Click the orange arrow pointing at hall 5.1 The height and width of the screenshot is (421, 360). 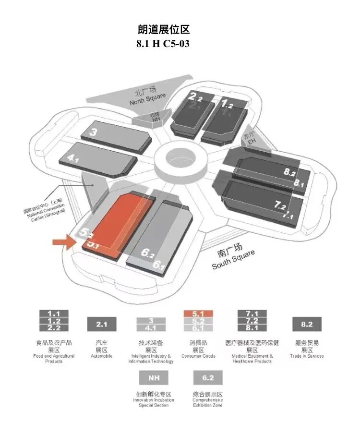[64, 241]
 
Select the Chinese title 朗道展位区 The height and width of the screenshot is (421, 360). [163, 29]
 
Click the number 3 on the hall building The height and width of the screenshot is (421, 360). [94, 132]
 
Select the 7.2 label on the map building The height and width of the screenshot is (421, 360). [280, 205]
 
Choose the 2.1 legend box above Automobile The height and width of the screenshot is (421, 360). [101, 325]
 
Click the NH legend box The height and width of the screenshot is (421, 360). [153, 378]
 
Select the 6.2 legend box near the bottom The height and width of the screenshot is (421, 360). [207, 378]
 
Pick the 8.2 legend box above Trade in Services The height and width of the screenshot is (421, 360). [307, 325]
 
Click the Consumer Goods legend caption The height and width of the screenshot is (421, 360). [198, 356]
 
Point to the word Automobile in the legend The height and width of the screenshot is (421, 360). [101, 356]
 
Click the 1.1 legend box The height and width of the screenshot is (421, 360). [54, 313]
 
